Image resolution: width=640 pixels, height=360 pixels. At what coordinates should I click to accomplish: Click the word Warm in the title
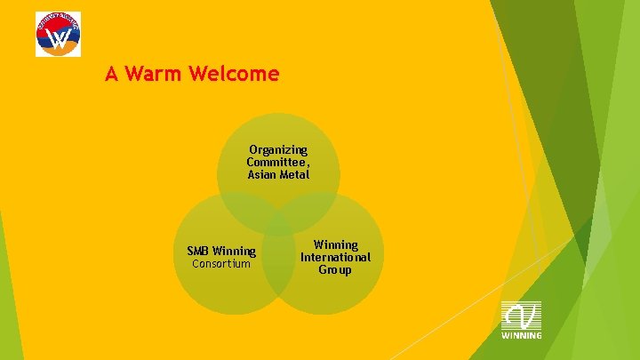[153, 74]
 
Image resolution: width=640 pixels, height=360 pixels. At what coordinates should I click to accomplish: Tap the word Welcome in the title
[233, 74]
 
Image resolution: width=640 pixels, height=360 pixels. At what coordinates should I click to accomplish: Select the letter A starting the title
[111, 74]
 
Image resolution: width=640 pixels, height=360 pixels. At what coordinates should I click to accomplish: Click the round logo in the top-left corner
[58, 34]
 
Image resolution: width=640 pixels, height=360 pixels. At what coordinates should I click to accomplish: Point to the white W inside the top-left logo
[58, 38]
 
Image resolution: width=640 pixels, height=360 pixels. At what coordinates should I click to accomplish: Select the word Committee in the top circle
[276, 162]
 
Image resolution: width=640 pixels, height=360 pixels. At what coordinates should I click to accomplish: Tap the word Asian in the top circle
[262, 174]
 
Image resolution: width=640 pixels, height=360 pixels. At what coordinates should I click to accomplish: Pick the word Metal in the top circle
[294, 174]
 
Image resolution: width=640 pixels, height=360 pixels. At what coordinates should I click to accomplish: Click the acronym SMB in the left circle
[199, 252]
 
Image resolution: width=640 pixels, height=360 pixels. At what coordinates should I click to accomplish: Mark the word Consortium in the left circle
[221, 264]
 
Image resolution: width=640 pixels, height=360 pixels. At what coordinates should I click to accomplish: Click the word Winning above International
[336, 244]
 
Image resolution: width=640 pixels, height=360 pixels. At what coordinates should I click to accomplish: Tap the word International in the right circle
[336, 257]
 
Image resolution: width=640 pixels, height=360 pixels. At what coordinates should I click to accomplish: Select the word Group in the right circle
[336, 269]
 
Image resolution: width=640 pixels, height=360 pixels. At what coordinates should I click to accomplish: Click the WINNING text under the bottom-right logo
[521, 335]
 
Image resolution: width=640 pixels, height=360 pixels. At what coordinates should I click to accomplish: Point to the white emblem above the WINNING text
[521, 316]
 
